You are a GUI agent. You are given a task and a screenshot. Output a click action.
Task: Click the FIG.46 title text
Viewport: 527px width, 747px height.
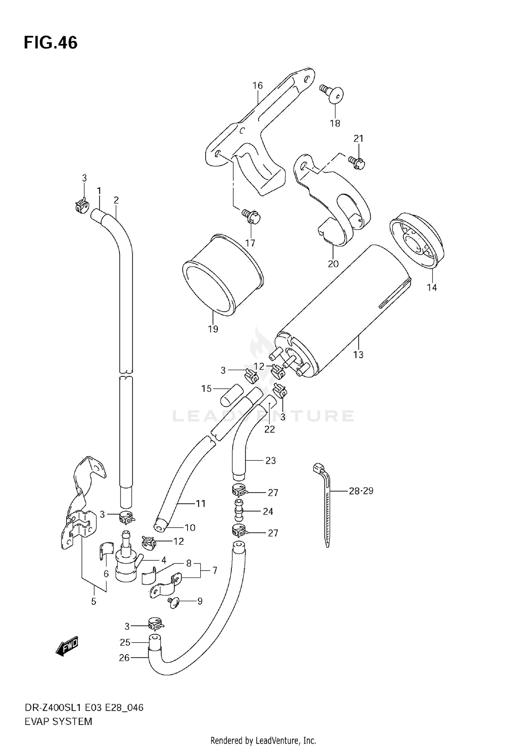click(51, 43)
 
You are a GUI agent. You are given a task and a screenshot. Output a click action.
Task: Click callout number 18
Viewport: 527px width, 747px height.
click(335, 123)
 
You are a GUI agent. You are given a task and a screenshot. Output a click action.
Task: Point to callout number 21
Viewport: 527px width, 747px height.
click(358, 139)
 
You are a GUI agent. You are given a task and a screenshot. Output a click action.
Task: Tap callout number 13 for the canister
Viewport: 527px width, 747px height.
click(358, 355)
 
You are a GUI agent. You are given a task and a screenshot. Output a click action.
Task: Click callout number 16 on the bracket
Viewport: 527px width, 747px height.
click(258, 85)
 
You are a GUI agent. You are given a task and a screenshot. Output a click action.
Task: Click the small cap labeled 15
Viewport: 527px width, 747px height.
click(232, 395)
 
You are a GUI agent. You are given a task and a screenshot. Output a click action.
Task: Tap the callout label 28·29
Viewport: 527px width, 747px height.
click(361, 491)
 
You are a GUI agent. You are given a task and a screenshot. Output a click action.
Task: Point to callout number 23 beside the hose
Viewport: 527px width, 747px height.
click(271, 461)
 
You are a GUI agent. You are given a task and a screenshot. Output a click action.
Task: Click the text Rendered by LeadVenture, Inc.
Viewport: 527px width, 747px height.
click(263, 741)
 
